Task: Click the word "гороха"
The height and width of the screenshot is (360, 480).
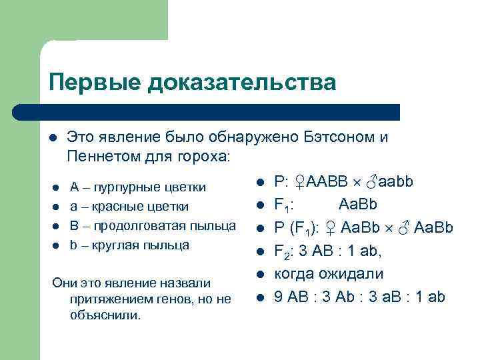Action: point(204,157)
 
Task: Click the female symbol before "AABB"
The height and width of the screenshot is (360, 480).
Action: point(301,181)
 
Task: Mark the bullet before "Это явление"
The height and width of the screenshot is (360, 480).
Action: point(53,138)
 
